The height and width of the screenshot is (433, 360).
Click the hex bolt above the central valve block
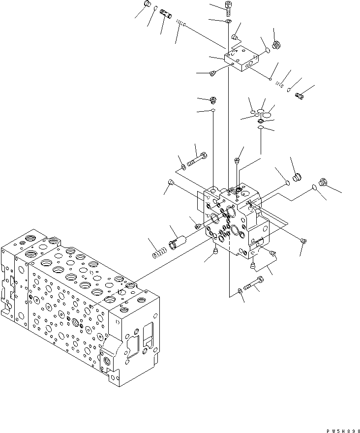click(x=197, y=160)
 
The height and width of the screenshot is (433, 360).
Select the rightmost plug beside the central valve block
click(x=323, y=181)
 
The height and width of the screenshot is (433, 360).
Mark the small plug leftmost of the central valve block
click(x=171, y=183)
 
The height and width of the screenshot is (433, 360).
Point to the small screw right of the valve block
click(x=303, y=241)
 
